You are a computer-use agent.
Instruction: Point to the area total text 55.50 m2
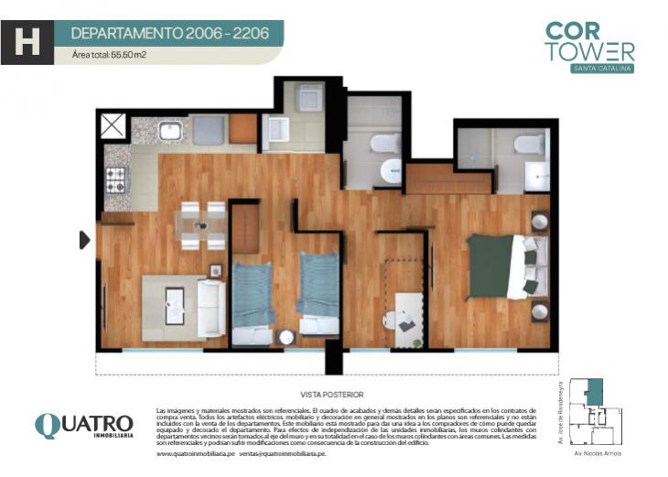[x=109, y=56]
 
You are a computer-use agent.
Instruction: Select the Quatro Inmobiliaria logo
[x=83, y=426]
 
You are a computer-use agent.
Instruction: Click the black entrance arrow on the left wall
[x=84, y=240]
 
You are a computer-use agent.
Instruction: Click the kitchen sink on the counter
[x=170, y=131]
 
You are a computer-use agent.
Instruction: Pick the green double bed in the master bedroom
[x=501, y=266]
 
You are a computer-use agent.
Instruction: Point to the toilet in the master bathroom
[x=528, y=143]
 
